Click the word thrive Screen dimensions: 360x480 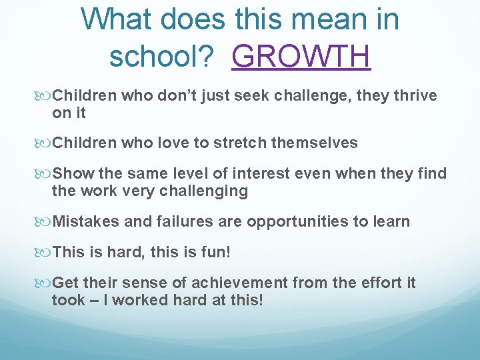coord(413,96)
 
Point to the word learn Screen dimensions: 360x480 coord(391,221)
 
